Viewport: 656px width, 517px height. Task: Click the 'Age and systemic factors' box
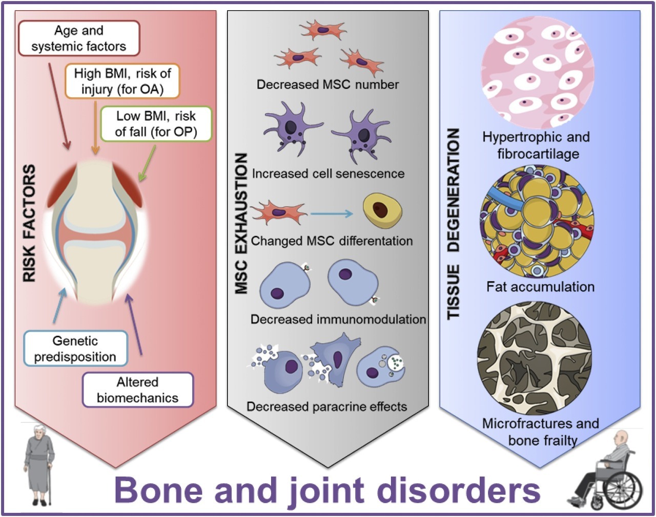pyautogui.click(x=79, y=38)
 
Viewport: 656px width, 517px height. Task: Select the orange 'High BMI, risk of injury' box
pyautogui.click(x=122, y=81)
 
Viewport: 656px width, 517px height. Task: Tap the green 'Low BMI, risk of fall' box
pyautogui.click(x=156, y=124)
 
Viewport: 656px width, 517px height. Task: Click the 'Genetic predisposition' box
pyautogui.click(x=75, y=349)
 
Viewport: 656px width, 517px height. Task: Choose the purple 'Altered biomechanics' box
pyautogui.click(x=137, y=390)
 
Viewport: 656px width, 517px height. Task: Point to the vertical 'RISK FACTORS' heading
pyautogui.click(x=30, y=223)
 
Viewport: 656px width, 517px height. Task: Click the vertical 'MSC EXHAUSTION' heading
pyautogui.click(x=241, y=224)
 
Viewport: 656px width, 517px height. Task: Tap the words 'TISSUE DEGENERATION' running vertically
pyautogui.click(x=454, y=224)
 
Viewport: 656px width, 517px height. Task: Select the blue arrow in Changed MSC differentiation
pyautogui.click(x=332, y=213)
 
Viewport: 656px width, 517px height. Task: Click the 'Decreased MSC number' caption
pyautogui.click(x=327, y=84)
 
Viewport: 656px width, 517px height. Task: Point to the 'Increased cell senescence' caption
pyautogui.click(x=328, y=174)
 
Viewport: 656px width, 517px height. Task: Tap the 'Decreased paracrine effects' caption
pyautogui.click(x=326, y=406)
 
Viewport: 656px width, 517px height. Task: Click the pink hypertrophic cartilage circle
pyautogui.click(x=537, y=72)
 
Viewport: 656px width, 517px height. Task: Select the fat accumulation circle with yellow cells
pyautogui.click(x=537, y=221)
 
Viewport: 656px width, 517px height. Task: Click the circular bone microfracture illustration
pyautogui.click(x=534, y=358)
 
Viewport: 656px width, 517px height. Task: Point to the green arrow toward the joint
pyautogui.click(x=149, y=163)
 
